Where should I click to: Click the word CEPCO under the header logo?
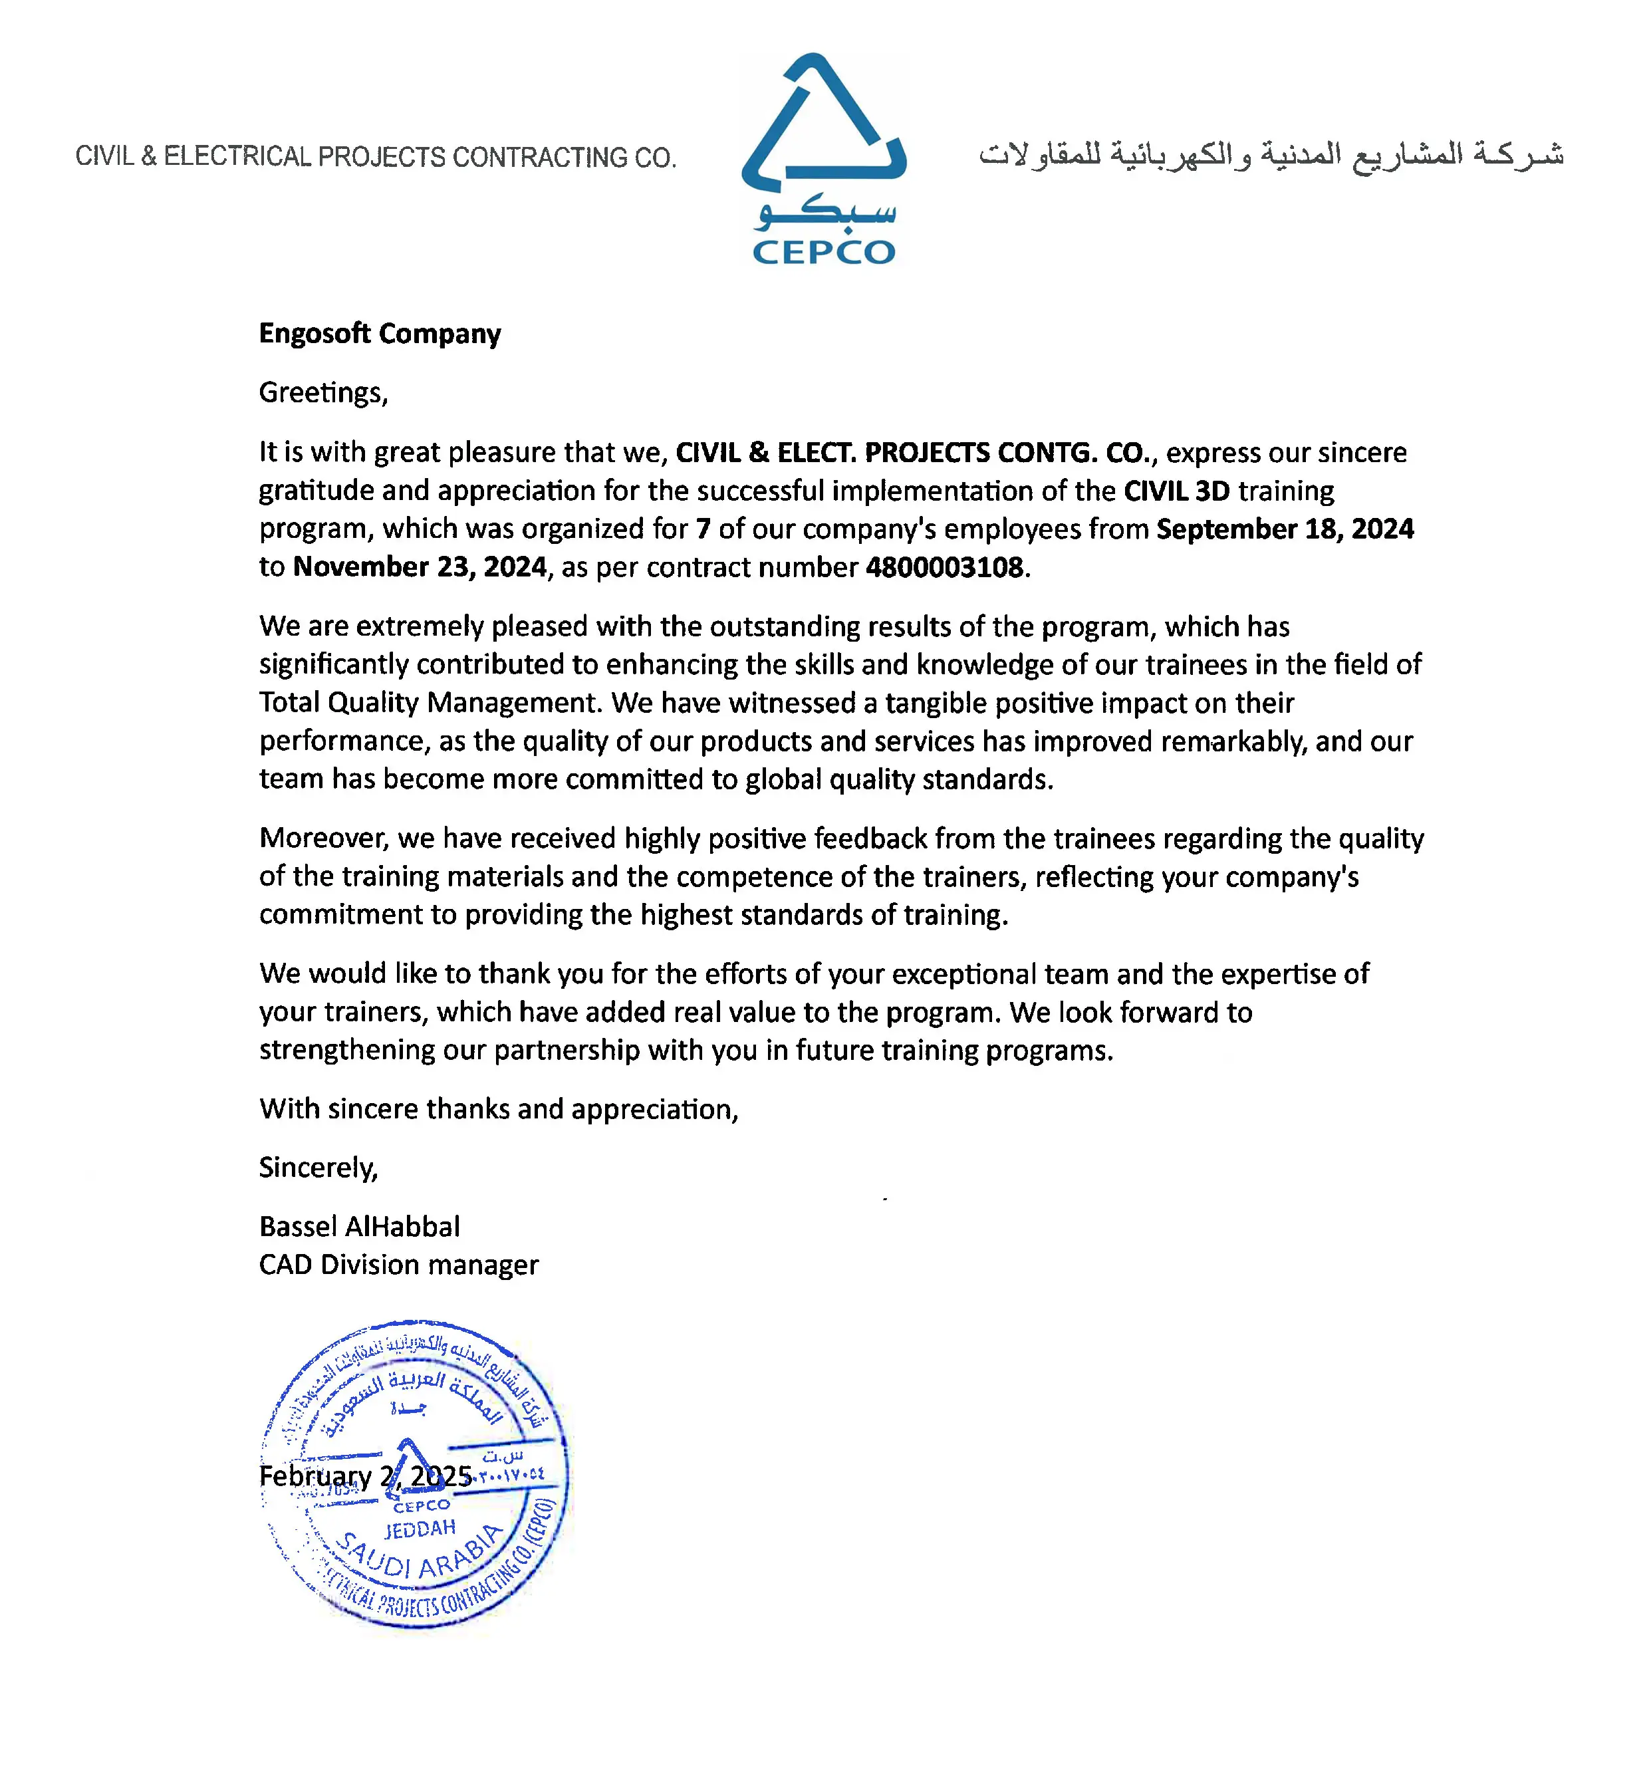[x=823, y=253]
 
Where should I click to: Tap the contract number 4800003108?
[x=944, y=568]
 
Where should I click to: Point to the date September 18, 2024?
[x=1285, y=529]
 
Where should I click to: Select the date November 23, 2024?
[x=420, y=568]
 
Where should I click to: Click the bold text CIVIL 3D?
[x=1176, y=491]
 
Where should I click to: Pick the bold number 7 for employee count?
[x=703, y=529]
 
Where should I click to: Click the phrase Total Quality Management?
[x=428, y=703]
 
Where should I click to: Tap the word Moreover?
[x=323, y=839]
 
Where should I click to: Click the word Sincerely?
[x=318, y=1168]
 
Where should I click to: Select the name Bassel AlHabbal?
[x=360, y=1227]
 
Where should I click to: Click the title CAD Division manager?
[x=399, y=1265]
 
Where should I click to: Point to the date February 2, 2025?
[x=365, y=1476]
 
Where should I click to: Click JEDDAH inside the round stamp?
[x=420, y=1529]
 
